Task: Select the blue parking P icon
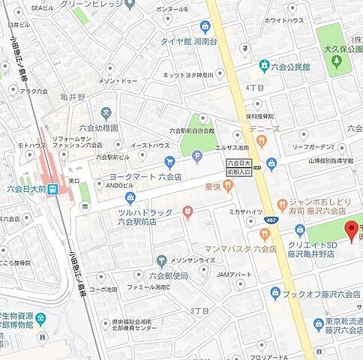[x=197, y=157]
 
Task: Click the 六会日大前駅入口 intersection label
[x=241, y=166]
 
